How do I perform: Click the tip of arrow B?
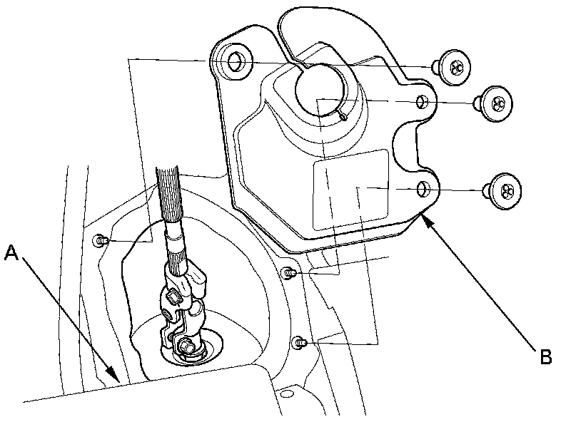[x=423, y=216]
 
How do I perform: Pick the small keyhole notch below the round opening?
[x=345, y=116]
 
